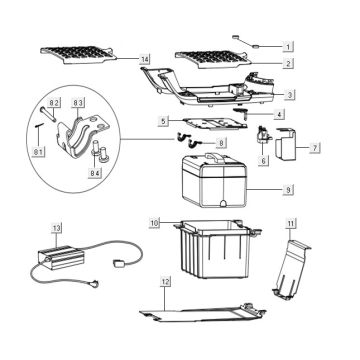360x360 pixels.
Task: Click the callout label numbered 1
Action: [288, 47]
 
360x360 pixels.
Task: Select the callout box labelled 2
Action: [288, 64]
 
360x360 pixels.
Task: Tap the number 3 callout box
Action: [288, 95]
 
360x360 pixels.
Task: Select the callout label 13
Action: [57, 228]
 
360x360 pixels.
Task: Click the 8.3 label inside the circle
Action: [79, 102]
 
